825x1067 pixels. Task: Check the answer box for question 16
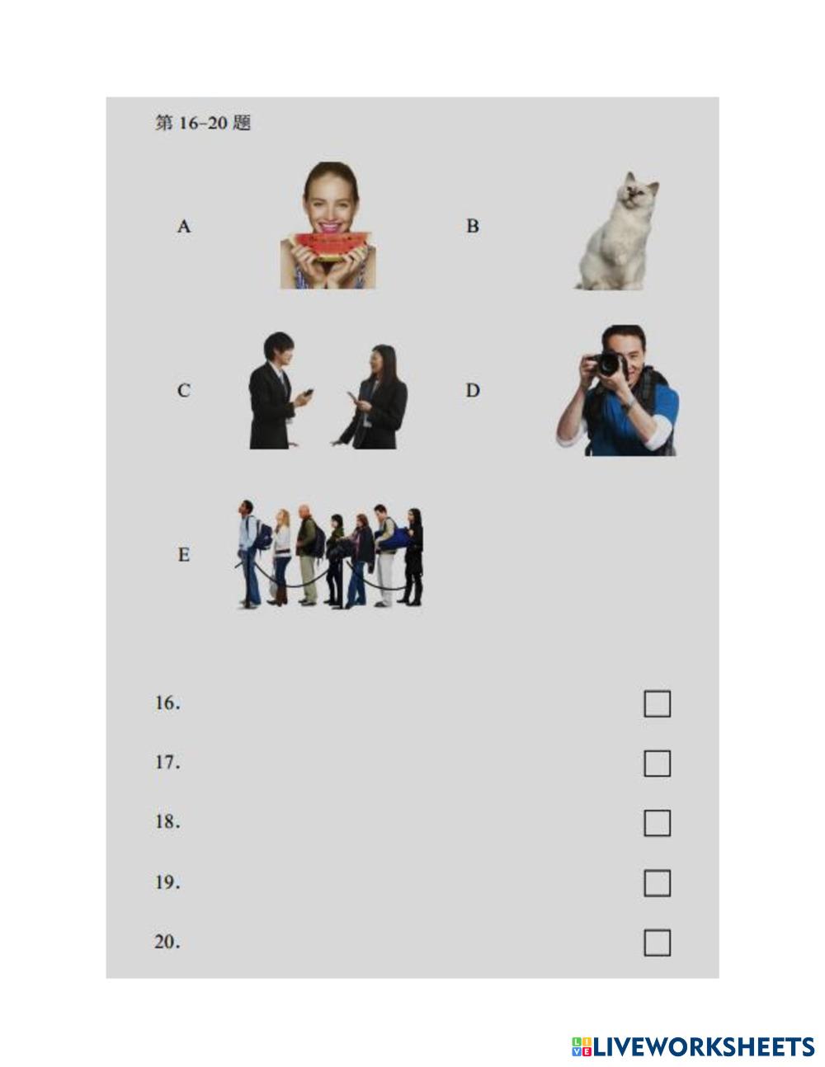point(657,703)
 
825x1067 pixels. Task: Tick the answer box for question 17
point(657,764)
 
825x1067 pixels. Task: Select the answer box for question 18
point(657,823)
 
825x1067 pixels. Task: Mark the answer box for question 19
point(657,883)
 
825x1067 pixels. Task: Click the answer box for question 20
point(657,942)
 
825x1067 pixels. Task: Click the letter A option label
point(184,227)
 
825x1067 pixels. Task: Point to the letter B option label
point(473,227)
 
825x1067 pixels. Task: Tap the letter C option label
point(184,390)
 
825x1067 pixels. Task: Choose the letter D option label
point(473,390)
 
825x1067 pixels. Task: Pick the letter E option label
point(184,554)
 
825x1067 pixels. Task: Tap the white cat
point(618,231)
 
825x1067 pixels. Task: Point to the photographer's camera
point(608,364)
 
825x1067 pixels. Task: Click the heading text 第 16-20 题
point(203,123)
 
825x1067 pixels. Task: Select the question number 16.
point(167,703)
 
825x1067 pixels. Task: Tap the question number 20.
point(167,942)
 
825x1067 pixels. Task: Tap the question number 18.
point(167,822)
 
